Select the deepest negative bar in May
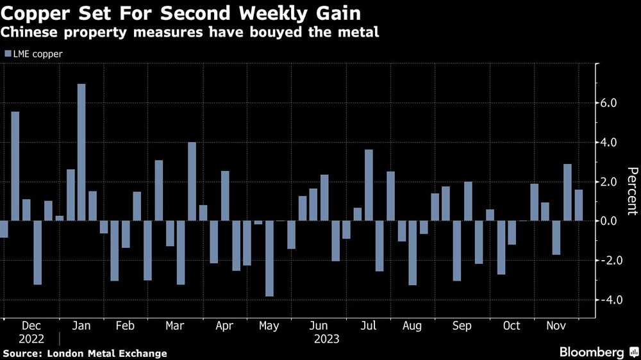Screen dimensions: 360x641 click(x=269, y=259)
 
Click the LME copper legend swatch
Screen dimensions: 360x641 click(x=8, y=54)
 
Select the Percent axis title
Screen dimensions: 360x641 click(x=632, y=191)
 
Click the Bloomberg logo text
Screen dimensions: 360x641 click(x=592, y=352)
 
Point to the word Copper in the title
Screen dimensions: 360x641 click(x=35, y=12)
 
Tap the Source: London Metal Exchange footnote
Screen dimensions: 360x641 click(x=85, y=353)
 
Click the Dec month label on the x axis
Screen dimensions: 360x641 click(x=31, y=325)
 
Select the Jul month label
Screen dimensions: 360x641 click(x=368, y=325)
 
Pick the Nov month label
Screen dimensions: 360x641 click(x=554, y=325)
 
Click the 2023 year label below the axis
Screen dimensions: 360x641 click(x=327, y=338)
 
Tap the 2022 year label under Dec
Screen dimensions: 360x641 click(x=31, y=338)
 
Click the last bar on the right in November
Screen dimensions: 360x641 click(x=579, y=205)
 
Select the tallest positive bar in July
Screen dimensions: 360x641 click(x=369, y=186)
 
